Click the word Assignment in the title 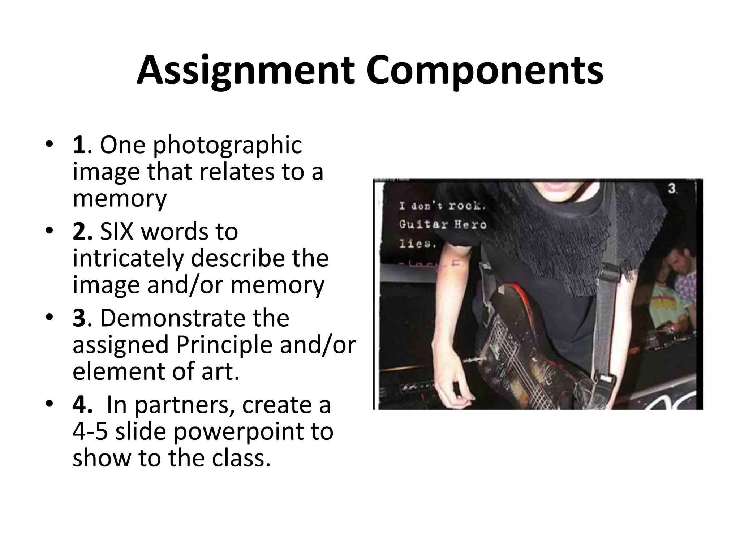pos(245,70)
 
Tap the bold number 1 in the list pos(79,145)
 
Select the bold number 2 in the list pos(82,232)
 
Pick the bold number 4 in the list pos(82,405)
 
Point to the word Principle pos(224,345)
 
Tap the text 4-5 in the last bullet pos(90,432)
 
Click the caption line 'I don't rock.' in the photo pos(442,206)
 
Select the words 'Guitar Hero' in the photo pos(443,225)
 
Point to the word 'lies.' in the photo pos(417,244)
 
